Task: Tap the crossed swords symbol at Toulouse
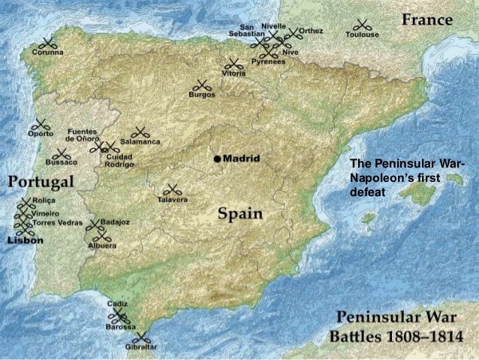(362, 23)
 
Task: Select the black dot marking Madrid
(216, 159)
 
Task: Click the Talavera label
(173, 200)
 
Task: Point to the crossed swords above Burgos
(202, 85)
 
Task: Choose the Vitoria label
(234, 74)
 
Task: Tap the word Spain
(240, 214)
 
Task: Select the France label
(426, 21)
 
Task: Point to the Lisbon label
(25, 241)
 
